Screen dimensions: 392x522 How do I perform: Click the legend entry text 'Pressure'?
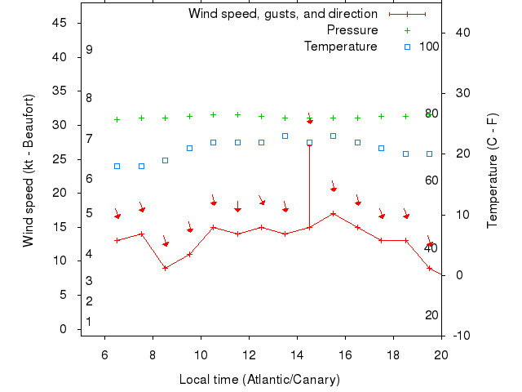click(352, 30)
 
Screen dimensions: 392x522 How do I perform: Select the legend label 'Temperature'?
click(341, 47)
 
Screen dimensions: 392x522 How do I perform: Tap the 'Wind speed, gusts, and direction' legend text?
click(282, 14)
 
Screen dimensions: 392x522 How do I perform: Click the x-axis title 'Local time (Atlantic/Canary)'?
click(259, 380)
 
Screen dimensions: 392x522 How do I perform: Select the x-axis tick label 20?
click(441, 354)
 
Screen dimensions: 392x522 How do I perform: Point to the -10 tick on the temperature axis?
click(461, 336)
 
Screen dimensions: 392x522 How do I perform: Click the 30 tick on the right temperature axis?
click(461, 93)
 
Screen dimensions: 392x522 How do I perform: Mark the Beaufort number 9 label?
click(89, 50)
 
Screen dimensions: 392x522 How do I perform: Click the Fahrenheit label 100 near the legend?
click(429, 46)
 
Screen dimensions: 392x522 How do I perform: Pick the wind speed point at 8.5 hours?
click(165, 268)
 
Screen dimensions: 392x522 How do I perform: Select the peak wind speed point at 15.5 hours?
click(333, 213)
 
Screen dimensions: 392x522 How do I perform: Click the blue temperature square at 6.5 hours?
click(117, 166)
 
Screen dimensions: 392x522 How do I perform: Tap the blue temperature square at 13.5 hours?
click(285, 136)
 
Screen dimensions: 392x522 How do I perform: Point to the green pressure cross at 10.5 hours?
click(213, 115)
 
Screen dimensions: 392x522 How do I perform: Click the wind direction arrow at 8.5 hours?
click(165, 242)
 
